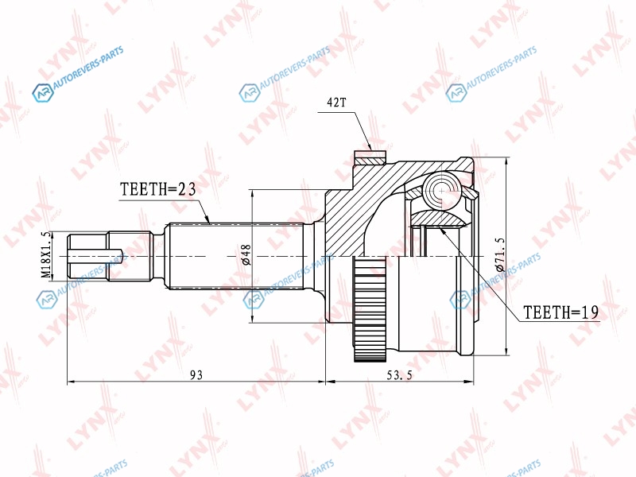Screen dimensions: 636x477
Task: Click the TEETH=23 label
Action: (x=158, y=189)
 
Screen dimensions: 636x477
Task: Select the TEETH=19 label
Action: (x=561, y=312)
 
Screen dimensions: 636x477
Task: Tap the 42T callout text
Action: (x=336, y=103)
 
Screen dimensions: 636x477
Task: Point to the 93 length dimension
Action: (x=196, y=374)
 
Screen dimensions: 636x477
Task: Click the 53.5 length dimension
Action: (x=399, y=375)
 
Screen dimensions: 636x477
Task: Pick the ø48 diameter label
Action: (x=246, y=254)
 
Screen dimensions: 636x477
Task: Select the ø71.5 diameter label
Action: (x=500, y=254)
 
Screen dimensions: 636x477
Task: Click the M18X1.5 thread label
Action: (x=47, y=255)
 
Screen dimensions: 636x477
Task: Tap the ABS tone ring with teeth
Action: (x=369, y=308)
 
